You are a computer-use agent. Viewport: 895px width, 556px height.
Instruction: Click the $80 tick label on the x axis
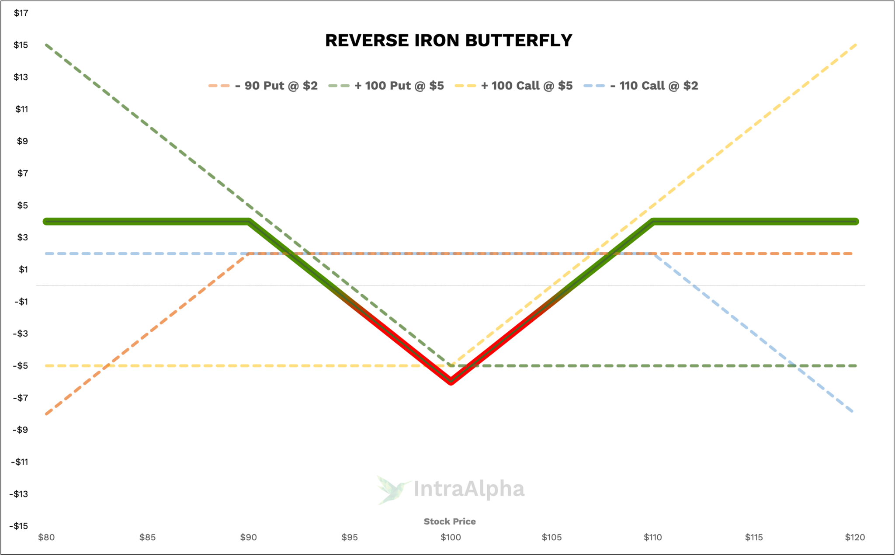46,537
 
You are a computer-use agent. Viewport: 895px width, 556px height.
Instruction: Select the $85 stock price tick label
148,537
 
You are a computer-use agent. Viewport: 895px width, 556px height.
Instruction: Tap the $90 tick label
249,537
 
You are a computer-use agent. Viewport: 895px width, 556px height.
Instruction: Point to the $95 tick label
350,537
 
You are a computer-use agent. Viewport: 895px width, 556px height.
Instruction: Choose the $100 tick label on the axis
451,537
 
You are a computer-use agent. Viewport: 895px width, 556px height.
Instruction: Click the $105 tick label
552,537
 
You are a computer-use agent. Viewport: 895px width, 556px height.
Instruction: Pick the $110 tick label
652,537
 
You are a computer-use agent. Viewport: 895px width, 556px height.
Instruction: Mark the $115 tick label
754,537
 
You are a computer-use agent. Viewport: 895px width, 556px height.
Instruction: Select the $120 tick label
855,537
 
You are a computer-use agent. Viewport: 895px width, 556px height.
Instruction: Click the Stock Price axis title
450,521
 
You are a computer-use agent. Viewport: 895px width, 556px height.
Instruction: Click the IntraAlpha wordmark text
468,489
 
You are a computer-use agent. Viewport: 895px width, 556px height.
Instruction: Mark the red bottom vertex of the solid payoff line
451,383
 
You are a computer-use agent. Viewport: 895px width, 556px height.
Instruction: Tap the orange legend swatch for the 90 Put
219,86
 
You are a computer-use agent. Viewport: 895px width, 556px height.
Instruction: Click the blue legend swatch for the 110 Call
594,86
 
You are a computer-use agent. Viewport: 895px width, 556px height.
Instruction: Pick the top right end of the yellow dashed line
855,45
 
